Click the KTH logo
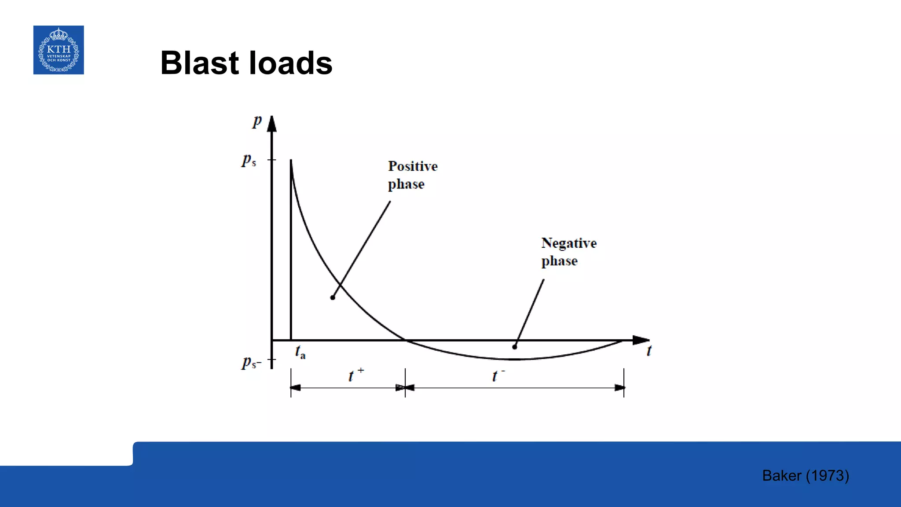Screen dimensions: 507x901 point(59,50)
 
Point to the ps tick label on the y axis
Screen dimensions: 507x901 point(249,160)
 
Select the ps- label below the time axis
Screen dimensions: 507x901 point(251,362)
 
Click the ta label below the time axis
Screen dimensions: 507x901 point(300,352)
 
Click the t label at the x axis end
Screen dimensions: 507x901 point(649,351)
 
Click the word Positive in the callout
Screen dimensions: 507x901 point(413,166)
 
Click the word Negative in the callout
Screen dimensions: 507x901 point(569,243)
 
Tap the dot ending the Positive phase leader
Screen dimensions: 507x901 point(333,298)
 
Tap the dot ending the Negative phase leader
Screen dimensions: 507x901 point(514,347)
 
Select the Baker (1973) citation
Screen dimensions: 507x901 point(805,476)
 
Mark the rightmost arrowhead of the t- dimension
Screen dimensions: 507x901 point(619,388)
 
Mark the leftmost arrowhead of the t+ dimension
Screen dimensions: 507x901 point(295,388)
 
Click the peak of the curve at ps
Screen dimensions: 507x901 point(291,161)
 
